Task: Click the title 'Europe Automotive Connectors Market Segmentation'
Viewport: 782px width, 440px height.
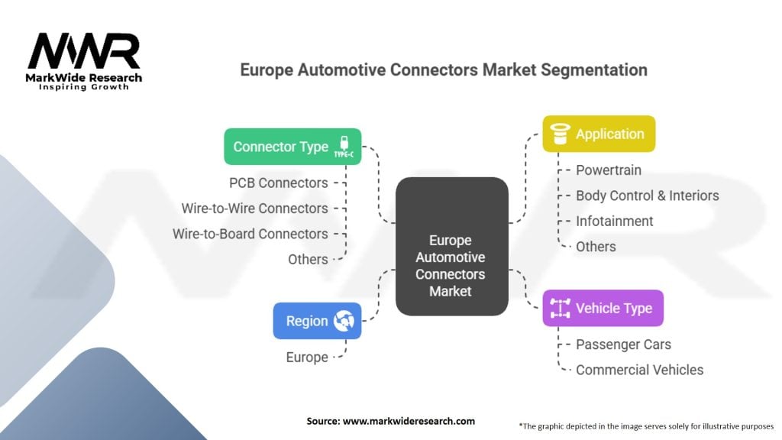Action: click(x=444, y=70)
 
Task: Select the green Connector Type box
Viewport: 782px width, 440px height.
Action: click(x=292, y=147)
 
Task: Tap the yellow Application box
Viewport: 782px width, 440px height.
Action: click(x=599, y=134)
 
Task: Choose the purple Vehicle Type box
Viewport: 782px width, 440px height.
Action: click(x=603, y=309)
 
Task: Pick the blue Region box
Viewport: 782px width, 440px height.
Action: click(x=317, y=322)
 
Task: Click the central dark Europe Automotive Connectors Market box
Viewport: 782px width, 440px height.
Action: click(x=451, y=247)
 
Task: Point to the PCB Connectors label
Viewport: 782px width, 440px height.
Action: click(x=278, y=183)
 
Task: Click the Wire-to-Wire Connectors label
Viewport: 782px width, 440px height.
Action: click(x=254, y=209)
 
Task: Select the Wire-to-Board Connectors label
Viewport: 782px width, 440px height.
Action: click(x=250, y=234)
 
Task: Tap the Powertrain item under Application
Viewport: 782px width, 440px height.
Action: click(x=608, y=170)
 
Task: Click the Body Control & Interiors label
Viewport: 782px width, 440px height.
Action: click(x=647, y=196)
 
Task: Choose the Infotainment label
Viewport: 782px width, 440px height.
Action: click(x=614, y=222)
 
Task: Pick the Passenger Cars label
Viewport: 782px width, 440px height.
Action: click(x=623, y=345)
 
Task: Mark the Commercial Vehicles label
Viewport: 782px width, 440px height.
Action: click(x=639, y=370)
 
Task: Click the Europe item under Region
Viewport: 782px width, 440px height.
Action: click(x=307, y=357)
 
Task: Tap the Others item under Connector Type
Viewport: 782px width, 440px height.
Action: click(x=308, y=260)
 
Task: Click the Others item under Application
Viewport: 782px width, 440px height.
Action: click(x=596, y=247)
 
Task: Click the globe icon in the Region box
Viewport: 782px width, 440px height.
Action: click(x=343, y=322)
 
